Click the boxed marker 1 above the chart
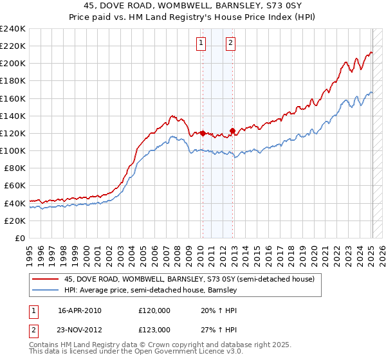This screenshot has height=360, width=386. [201, 43]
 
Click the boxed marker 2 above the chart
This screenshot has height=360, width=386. [230, 43]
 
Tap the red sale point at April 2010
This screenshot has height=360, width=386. [203, 133]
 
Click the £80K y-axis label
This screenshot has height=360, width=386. [15, 168]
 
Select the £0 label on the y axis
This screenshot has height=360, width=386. [20, 238]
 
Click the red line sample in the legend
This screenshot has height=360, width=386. [46, 279]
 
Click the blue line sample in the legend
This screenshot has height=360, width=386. [46, 290]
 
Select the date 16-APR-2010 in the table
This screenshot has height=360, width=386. [80, 310]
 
